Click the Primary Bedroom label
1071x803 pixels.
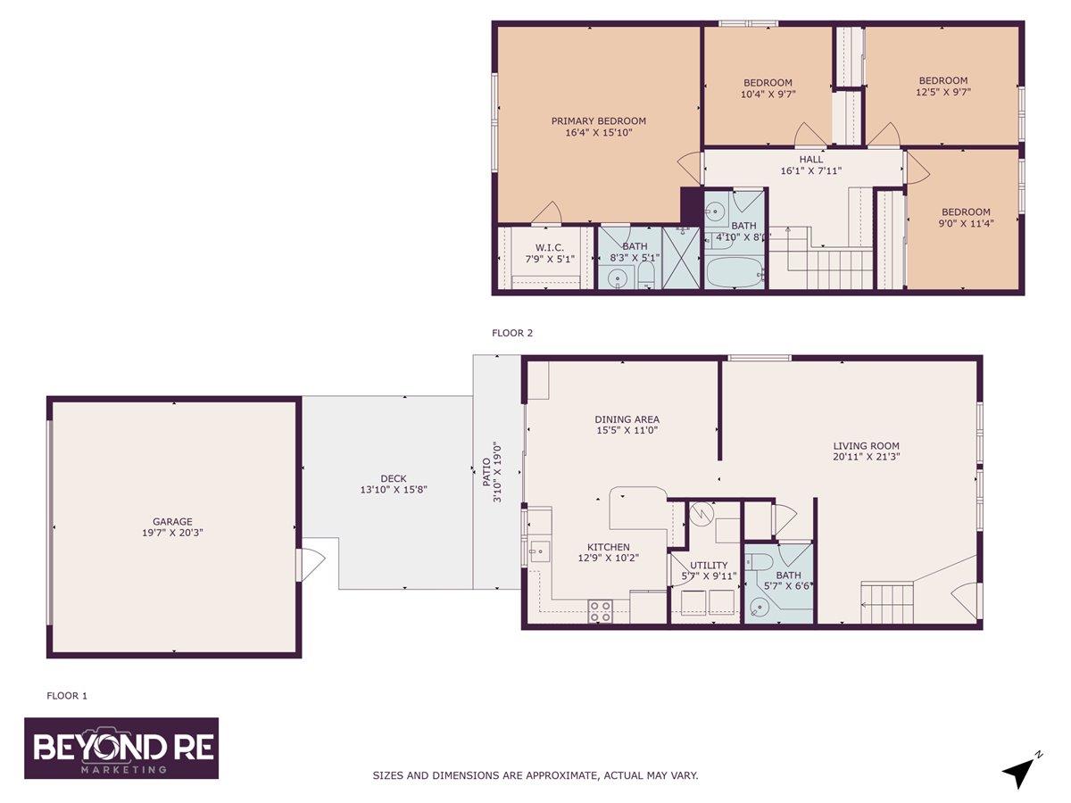pos(598,121)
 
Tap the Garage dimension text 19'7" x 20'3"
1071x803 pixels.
pos(172,533)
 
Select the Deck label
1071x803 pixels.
pos(394,479)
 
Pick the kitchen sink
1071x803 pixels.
pos(540,551)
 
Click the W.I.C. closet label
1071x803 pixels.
pos(550,248)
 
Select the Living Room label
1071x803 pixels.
pos(866,445)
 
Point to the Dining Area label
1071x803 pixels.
pos(627,419)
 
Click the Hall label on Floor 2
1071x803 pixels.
pos(811,160)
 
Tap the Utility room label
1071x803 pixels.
pos(709,566)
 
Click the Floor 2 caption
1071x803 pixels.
pos(512,333)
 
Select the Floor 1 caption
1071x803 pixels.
pos(67,696)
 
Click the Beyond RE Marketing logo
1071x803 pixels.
pos(121,749)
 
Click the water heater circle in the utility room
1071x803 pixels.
pos(702,514)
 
